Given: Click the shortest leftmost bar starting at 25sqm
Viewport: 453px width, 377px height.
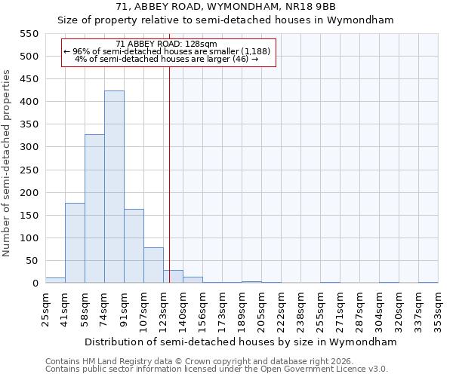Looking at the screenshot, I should pyautogui.click(x=55, y=280).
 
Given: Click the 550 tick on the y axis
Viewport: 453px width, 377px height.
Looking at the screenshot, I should pyautogui.click(x=29, y=34).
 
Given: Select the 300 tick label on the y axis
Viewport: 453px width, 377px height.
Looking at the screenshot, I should pyautogui.click(x=29, y=147).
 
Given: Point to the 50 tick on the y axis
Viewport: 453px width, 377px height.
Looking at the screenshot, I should pyautogui.click(x=29, y=261).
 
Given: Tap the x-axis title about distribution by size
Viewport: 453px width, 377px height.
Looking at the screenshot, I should pyautogui.click(x=241, y=342).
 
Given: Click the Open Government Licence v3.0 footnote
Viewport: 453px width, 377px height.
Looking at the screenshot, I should pyautogui.click(x=217, y=369).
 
